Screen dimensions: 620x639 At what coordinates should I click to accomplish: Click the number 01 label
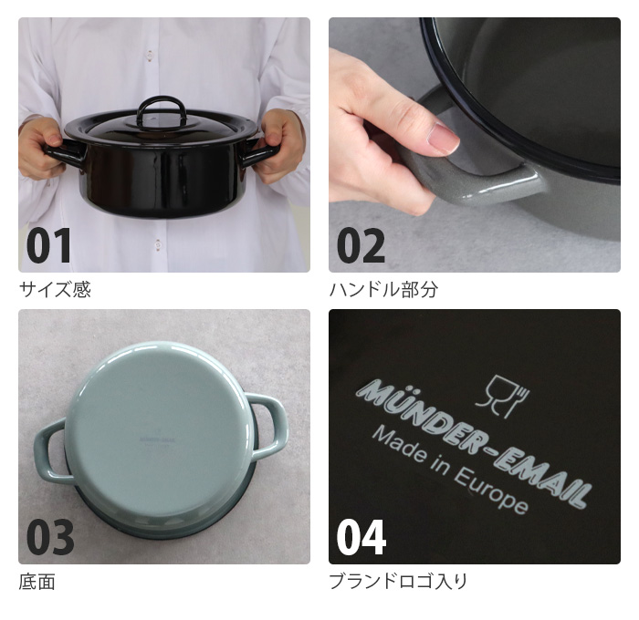[x=48, y=246]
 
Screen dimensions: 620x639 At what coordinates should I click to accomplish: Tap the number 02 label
[x=361, y=246]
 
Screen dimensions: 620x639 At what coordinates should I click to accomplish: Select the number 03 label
[x=49, y=538]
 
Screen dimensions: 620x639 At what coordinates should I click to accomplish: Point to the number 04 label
[x=361, y=538]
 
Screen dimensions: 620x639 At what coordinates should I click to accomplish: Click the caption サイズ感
[x=55, y=290]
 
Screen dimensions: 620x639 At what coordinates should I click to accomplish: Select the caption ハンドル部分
[x=383, y=290]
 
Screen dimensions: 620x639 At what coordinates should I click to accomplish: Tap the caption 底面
[x=37, y=582]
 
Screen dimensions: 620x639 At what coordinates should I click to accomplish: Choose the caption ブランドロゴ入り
[x=398, y=582]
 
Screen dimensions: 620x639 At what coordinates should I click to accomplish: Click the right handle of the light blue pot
[x=267, y=426]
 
